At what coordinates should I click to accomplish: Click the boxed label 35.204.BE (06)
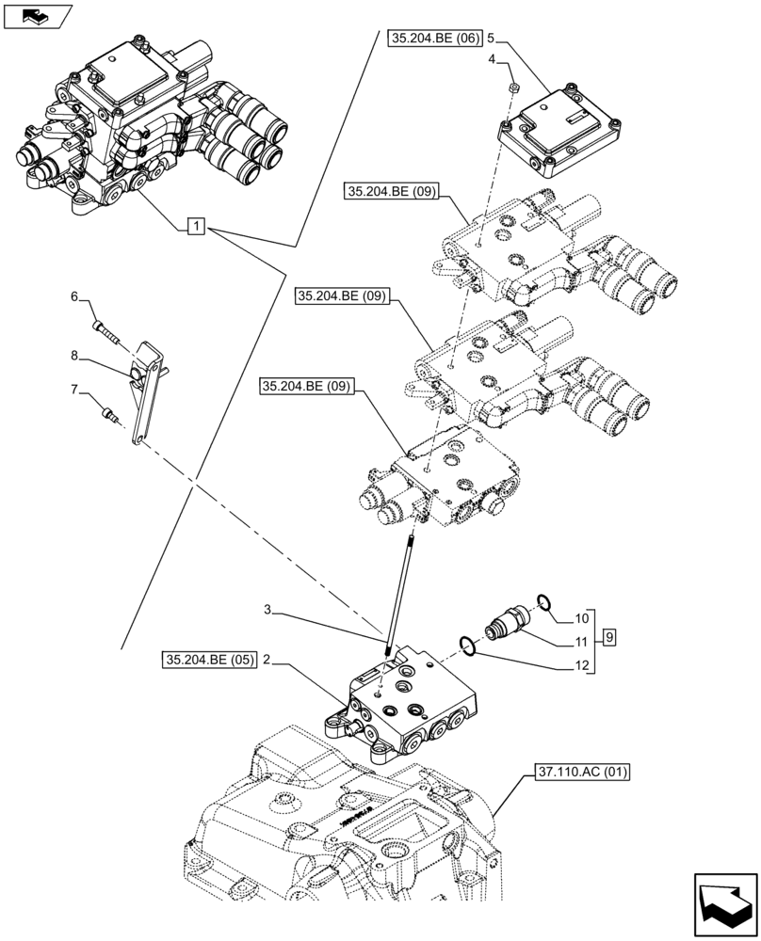click(434, 40)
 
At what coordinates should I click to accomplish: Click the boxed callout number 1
click(194, 225)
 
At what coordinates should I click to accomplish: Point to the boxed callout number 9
click(610, 638)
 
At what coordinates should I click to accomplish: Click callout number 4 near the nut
click(493, 59)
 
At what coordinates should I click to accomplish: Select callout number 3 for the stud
click(268, 611)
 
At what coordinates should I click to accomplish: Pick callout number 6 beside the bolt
click(75, 298)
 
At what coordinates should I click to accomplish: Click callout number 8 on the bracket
click(75, 356)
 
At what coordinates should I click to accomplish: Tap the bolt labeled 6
click(105, 330)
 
